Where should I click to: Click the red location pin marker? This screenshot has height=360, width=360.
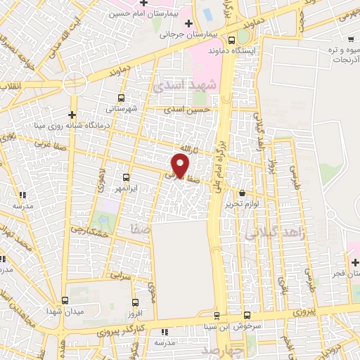[x=181, y=165]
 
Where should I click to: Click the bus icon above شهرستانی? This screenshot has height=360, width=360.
[x=122, y=98]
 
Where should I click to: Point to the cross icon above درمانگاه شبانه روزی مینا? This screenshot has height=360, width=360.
[x=72, y=115]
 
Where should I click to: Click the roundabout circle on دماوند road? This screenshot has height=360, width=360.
[x=75, y=83]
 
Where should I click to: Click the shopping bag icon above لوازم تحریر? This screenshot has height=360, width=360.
[x=243, y=193]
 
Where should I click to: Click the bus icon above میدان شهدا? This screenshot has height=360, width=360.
[x=65, y=300]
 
